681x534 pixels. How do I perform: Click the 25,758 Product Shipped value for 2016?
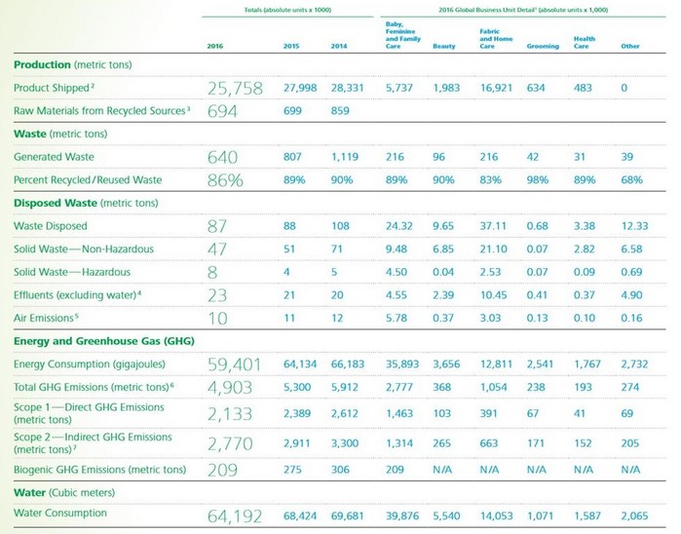tap(235, 88)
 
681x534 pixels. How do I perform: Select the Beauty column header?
tap(443, 46)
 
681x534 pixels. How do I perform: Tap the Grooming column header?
tap(543, 46)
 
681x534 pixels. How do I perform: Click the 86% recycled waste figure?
tap(226, 180)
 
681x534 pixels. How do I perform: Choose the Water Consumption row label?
tap(60, 514)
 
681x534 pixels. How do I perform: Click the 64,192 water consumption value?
tap(235, 515)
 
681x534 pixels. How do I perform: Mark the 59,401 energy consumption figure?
tap(235, 364)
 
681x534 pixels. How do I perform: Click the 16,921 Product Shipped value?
tap(499, 88)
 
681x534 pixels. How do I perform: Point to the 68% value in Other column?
tap(631, 180)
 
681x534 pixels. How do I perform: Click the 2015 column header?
tap(291, 46)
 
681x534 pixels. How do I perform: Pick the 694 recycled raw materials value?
tap(223, 111)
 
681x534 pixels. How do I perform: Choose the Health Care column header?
tap(585, 43)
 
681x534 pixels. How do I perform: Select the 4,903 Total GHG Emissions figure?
tap(230, 388)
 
